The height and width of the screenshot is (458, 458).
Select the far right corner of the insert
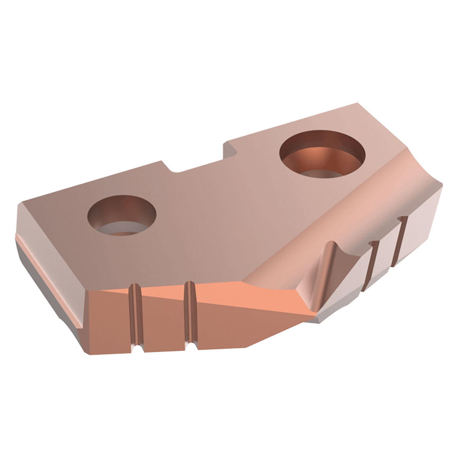442,186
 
